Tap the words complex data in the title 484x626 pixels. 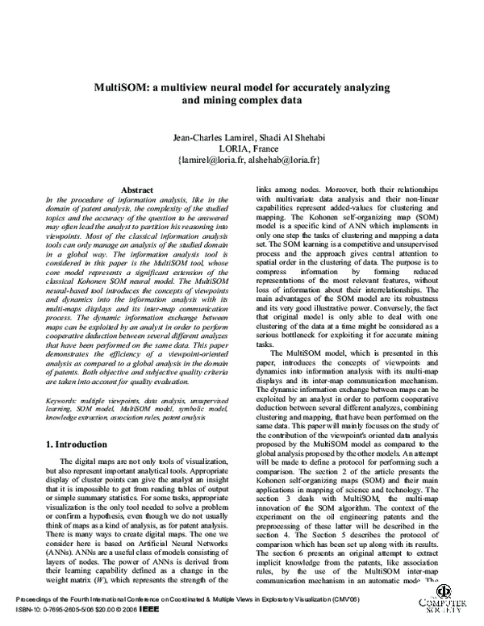[265, 102]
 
